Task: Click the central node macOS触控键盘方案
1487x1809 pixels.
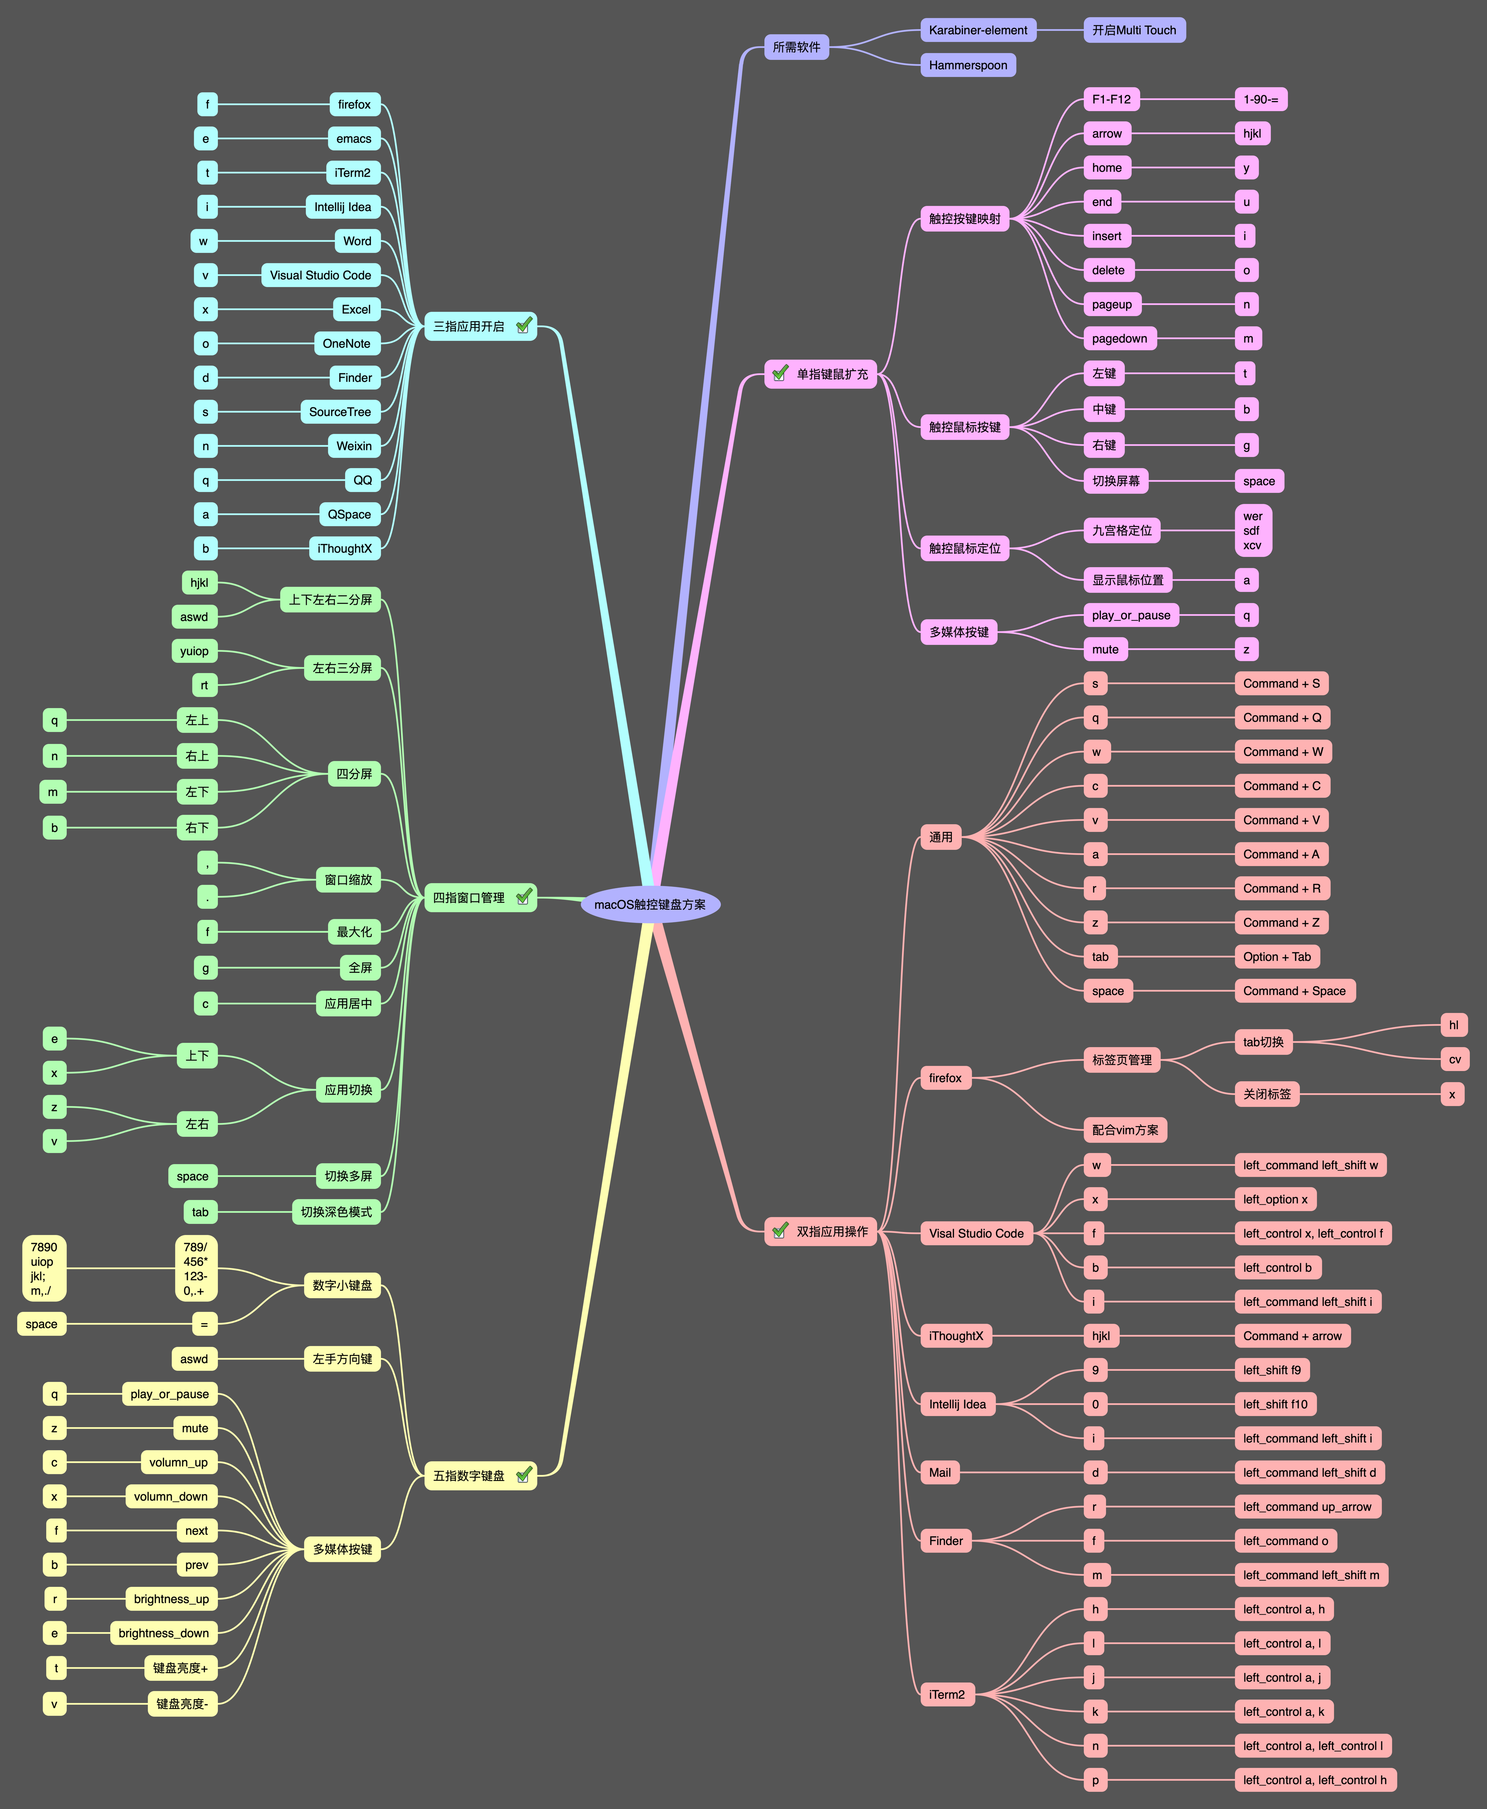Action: pyautogui.click(x=650, y=904)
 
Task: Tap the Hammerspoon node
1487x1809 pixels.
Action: pyautogui.click(x=968, y=65)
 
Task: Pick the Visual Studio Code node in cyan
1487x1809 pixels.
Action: pyautogui.click(x=320, y=275)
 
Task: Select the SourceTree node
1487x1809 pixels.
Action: pyautogui.click(x=340, y=412)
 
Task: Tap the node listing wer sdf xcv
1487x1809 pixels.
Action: pyautogui.click(x=1252, y=530)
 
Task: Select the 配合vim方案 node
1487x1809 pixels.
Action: pyautogui.click(x=1125, y=1130)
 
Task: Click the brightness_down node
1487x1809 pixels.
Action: pyautogui.click(x=164, y=1633)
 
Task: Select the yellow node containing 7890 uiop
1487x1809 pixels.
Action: pyautogui.click(x=44, y=1268)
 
